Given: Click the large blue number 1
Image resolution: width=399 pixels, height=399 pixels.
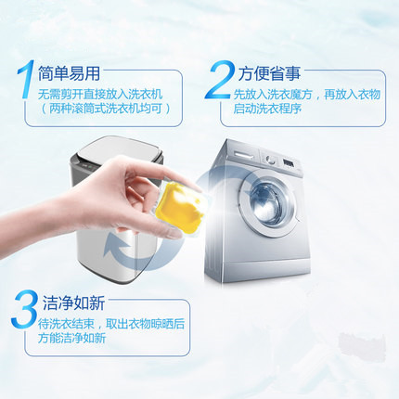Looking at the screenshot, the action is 26,79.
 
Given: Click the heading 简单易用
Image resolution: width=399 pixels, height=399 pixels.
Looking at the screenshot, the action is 69,73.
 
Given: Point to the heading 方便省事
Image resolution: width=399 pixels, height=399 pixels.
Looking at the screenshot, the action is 269,73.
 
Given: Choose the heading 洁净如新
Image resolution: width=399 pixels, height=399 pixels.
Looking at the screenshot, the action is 74,302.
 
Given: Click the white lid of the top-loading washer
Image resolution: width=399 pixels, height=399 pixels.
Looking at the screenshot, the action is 120,152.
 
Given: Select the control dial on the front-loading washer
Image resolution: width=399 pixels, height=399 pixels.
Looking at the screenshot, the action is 271,160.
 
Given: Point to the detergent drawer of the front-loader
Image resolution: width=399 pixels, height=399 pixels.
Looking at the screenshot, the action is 244,155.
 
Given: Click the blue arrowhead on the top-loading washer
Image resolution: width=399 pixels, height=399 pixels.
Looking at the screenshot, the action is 117,245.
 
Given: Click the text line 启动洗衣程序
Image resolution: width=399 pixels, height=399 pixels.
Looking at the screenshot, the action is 267,109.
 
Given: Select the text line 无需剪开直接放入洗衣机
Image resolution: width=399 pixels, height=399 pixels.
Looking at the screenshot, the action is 100,95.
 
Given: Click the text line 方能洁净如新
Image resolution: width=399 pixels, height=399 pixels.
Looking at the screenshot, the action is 71,338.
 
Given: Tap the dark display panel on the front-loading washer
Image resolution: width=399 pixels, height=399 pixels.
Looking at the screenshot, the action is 288,164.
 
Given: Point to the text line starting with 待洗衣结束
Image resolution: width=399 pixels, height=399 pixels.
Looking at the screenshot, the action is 111,324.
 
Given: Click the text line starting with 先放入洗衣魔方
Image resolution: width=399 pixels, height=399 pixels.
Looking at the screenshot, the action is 307,95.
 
